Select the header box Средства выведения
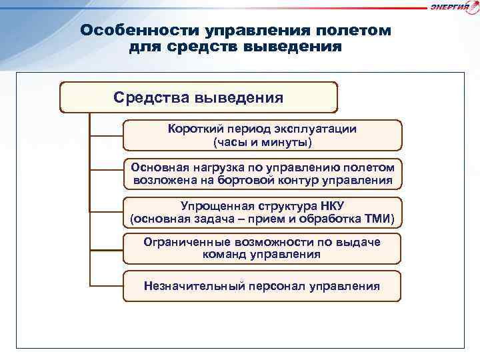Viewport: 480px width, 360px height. point(199,98)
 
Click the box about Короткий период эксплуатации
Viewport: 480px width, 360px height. point(262,135)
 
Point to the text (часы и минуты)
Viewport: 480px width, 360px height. point(262,142)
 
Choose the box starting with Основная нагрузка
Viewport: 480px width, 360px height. point(263,173)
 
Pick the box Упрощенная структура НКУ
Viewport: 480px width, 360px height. point(262,212)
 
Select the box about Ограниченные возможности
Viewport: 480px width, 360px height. point(262,249)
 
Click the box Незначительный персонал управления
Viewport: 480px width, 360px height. point(262,287)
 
